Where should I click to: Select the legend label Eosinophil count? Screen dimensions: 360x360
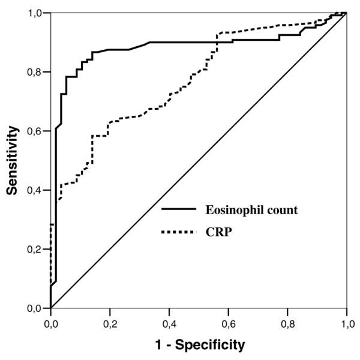pos(252,211)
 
